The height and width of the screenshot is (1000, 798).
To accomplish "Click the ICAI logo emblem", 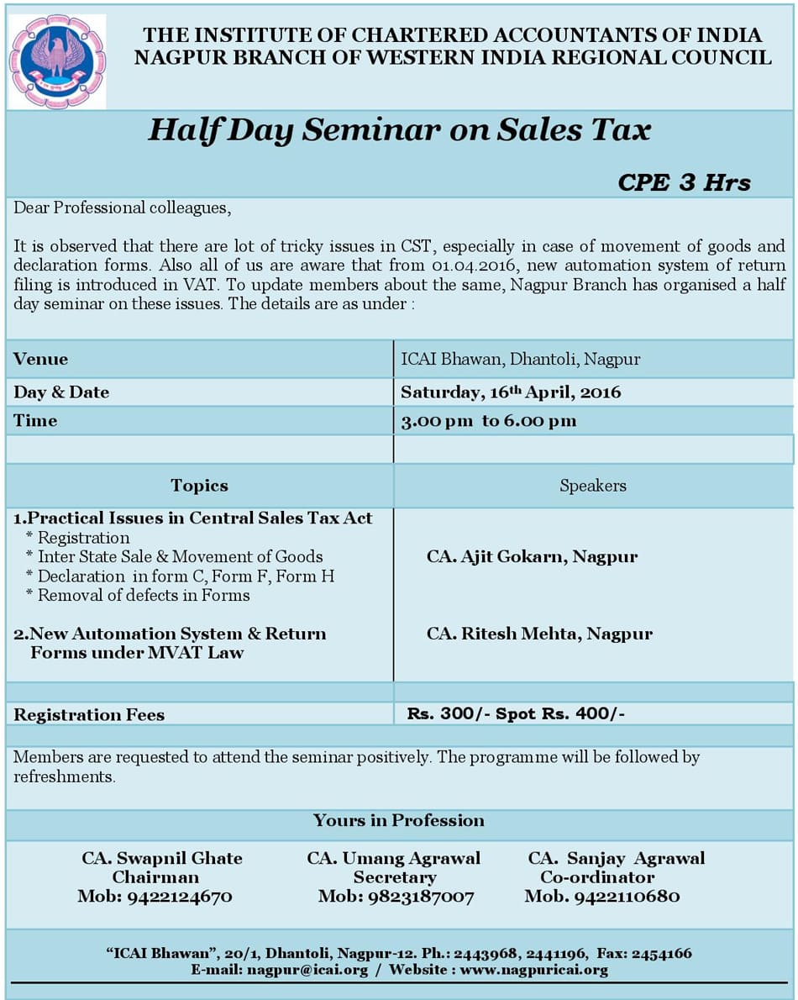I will click(57, 61).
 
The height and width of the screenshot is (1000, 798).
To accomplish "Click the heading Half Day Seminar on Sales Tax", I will click(399, 130).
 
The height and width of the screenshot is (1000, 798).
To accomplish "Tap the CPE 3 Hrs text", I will click(684, 182).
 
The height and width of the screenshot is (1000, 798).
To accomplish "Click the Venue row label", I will click(40, 359).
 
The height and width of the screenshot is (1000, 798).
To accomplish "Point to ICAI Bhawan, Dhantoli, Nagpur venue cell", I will click(520, 359).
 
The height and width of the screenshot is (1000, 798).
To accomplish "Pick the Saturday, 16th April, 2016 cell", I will click(511, 392).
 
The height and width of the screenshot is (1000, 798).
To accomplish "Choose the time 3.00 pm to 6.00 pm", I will click(488, 421).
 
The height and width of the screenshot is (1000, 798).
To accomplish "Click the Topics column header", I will click(199, 486).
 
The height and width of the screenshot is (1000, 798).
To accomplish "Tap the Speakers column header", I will click(592, 486).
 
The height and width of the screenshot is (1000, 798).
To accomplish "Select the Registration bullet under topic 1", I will click(83, 538).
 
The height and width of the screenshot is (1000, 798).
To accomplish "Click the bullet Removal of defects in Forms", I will click(144, 595).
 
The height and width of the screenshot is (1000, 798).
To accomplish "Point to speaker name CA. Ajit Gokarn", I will click(532, 556).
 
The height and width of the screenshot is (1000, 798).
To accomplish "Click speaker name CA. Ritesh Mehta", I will click(539, 634).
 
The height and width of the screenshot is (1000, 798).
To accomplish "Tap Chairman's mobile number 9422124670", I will click(179, 897).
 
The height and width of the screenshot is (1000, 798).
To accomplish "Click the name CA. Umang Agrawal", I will click(394, 858).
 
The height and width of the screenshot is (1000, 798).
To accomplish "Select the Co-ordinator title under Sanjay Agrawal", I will click(597, 877).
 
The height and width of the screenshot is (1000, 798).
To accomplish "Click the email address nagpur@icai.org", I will click(307, 970).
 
